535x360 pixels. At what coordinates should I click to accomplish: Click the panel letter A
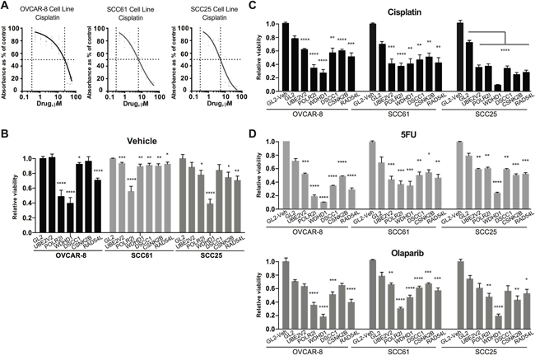click(x=7, y=6)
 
